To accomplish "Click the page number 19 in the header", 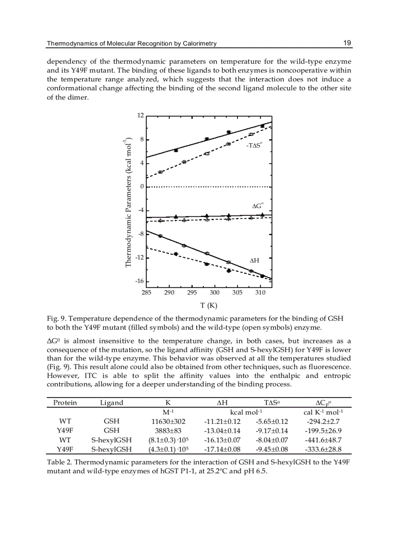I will pos(347,43).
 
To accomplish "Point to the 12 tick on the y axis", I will pos(140,115).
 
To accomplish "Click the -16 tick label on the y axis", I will pos(139,282).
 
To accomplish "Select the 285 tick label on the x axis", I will pos(146,292).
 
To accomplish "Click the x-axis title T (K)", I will pos(208,305).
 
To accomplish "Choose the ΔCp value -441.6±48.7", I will pos(324,440).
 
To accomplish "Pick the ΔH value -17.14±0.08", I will pos(222,449).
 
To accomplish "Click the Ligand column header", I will pos(112,403).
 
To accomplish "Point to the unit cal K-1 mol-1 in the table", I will pos(324,412).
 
